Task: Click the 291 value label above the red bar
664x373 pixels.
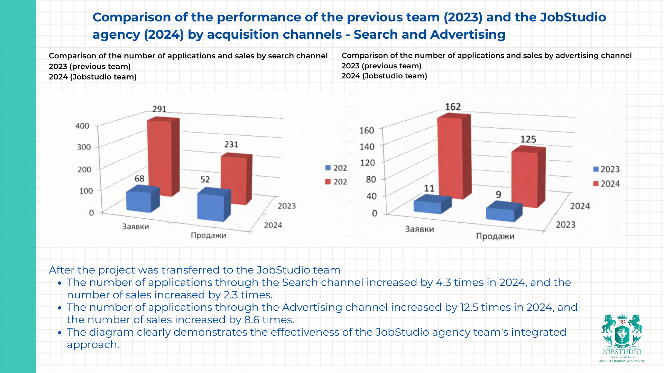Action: [x=159, y=109]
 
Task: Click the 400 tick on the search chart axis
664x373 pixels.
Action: [x=82, y=126]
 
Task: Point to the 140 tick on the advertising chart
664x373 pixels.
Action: [x=367, y=147]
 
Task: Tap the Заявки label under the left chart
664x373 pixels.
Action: [x=136, y=227]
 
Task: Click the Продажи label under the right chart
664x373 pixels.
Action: [x=495, y=236]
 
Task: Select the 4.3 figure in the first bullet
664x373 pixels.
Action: [x=443, y=283]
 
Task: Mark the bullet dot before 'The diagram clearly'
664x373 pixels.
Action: [x=59, y=333]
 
